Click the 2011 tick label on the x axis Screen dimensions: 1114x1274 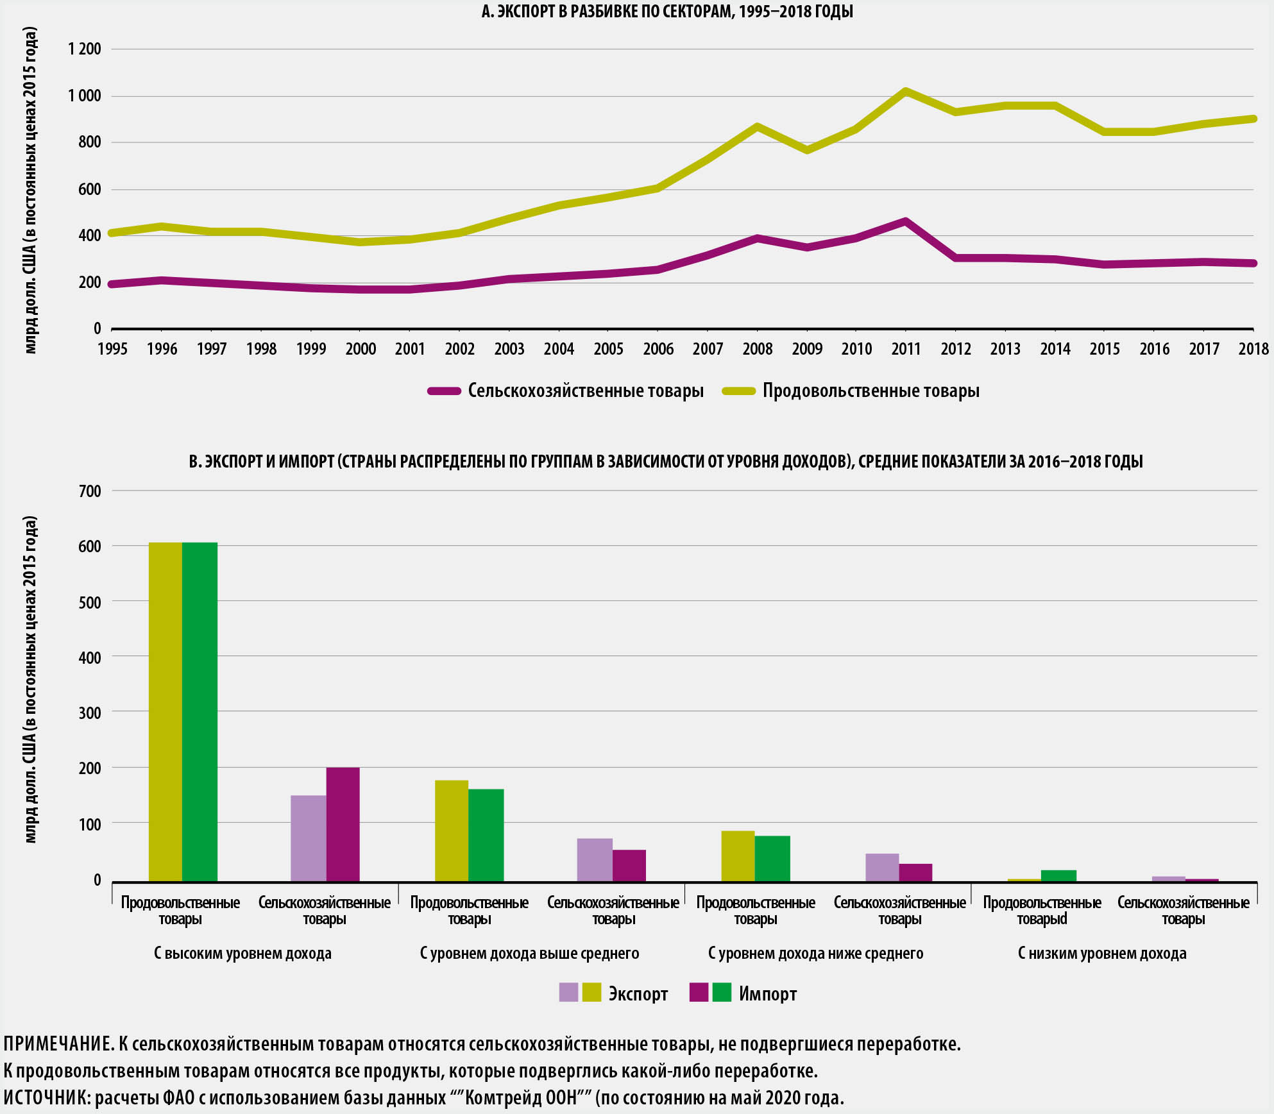(x=905, y=349)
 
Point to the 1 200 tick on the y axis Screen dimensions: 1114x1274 (x=85, y=49)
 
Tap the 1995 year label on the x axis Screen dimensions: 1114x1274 (x=112, y=349)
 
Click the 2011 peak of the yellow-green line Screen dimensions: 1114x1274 (x=905, y=91)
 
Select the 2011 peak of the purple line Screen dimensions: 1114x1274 (x=905, y=222)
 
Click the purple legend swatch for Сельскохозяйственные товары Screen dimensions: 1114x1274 (x=444, y=391)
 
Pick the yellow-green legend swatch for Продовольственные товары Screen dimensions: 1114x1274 (x=738, y=391)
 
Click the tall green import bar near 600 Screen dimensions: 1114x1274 (x=200, y=712)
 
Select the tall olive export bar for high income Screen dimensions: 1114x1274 (x=166, y=712)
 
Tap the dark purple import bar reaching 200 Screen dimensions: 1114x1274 (x=343, y=824)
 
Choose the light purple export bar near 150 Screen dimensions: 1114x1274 (x=309, y=838)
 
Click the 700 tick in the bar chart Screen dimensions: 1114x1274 (x=90, y=491)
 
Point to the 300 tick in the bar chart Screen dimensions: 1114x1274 (x=90, y=713)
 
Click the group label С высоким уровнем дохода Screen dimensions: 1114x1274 (x=242, y=954)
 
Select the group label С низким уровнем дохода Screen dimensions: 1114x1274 (x=1102, y=954)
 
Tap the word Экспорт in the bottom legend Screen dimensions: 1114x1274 (x=638, y=994)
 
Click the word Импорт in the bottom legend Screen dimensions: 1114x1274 (x=767, y=994)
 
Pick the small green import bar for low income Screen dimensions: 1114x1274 (x=1059, y=876)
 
